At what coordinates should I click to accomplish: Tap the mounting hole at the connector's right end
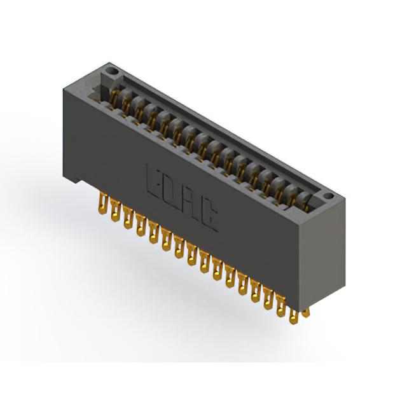[328, 195]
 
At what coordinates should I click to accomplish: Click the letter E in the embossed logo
[154, 182]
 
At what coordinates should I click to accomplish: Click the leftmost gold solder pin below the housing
[103, 204]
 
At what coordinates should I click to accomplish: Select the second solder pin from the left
[115, 210]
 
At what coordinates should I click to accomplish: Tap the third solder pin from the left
[128, 217]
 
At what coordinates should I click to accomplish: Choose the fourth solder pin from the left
[141, 225]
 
